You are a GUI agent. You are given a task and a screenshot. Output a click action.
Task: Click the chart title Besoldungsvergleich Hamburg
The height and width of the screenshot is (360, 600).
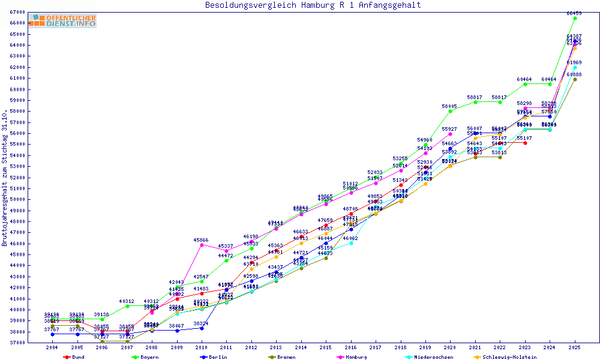point(313,5)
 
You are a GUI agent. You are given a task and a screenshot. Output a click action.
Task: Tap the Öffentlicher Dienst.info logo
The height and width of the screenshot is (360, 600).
point(65,20)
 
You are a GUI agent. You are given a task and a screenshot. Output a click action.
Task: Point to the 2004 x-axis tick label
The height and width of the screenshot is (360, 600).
point(53,347)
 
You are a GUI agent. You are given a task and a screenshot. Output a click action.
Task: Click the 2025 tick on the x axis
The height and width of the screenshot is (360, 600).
point(574,347)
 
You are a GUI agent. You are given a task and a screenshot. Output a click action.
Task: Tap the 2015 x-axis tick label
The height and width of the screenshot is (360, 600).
point(326,347)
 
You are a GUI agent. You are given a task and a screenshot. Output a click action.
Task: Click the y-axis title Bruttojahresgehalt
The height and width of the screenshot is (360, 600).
point(5,178)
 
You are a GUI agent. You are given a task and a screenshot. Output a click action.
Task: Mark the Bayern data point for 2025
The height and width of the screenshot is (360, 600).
point(575,18)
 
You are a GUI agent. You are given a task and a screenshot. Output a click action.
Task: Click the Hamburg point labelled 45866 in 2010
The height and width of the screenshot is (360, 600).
point(202,245)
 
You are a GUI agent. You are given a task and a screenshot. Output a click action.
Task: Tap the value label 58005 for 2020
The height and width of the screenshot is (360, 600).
point(450,106)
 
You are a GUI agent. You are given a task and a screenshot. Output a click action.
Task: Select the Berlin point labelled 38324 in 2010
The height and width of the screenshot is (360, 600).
point(202,328)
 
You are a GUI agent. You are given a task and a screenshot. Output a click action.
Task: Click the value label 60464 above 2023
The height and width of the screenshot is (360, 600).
point(525,79)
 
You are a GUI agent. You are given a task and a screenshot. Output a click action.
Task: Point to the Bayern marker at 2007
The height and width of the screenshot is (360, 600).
point(127,306)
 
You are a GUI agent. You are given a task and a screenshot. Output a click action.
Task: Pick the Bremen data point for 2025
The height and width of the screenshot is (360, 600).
point(575,79)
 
